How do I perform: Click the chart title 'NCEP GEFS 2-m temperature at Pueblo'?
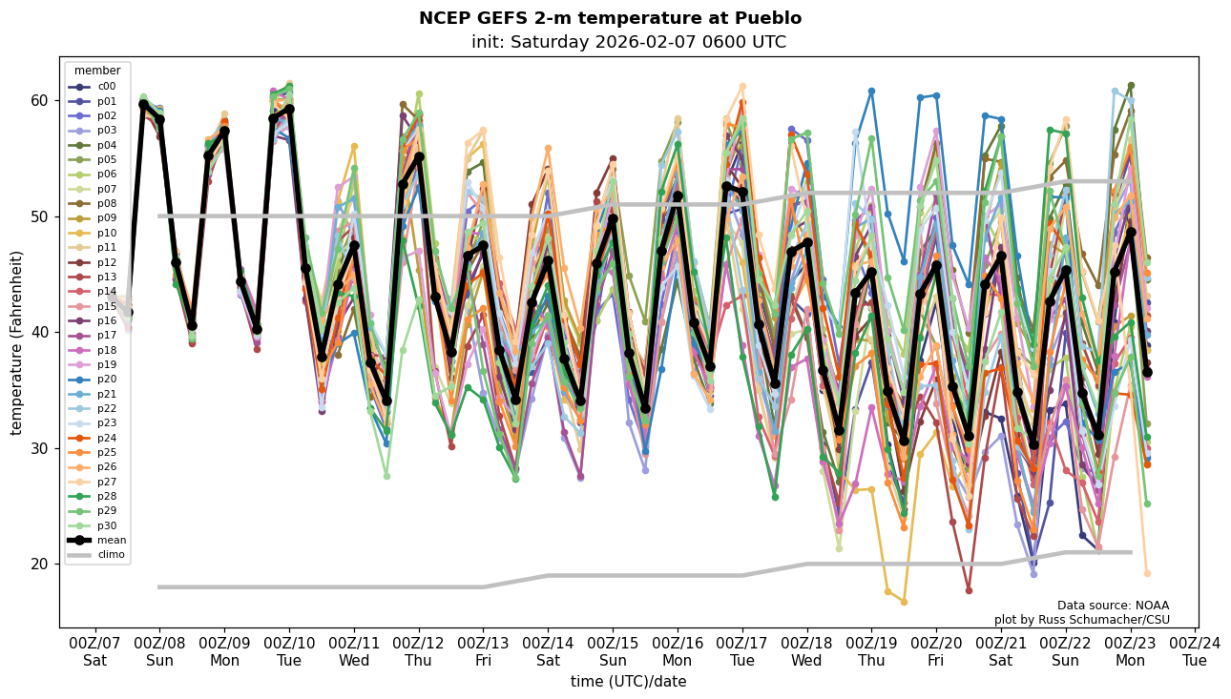[x=610, y=18]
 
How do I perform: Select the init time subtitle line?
[x=628, y=42]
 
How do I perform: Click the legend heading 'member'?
[x=97, y=71]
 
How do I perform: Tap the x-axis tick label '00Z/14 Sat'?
[x=548, y=651]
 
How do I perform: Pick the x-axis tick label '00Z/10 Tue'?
[x=289, y=651]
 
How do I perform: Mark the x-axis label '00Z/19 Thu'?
[x=871, y=651]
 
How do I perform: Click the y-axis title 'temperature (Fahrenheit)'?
[x=17, y=342]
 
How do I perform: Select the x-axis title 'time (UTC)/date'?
[x=628, y=682]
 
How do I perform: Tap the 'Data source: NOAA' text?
[x=1113, y=606]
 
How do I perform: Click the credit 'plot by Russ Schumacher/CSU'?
[x=1081, y=620]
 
